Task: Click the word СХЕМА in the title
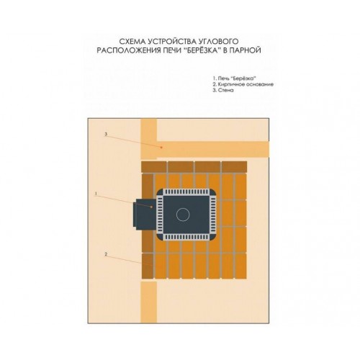click(132, 42)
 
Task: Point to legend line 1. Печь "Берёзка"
click(235, 78)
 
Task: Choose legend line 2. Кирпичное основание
click(243, 84)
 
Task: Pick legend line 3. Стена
click(223, 91)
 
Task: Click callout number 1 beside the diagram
click(96, 194)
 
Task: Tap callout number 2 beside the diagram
click(106, 254)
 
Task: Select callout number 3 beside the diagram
click(106, 134)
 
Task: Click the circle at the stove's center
click(183, 215)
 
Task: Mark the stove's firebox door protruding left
click(145, 215)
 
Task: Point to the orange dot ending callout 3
click(161, 148)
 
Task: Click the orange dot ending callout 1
click(151, 207)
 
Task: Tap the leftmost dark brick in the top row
click(153, 167)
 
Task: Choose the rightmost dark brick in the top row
click(234, 167)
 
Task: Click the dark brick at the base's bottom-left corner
click(148, 266)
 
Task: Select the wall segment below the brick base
click(148, 302)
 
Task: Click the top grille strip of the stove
click(186, 192)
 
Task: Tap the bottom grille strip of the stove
click(186, 237)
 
